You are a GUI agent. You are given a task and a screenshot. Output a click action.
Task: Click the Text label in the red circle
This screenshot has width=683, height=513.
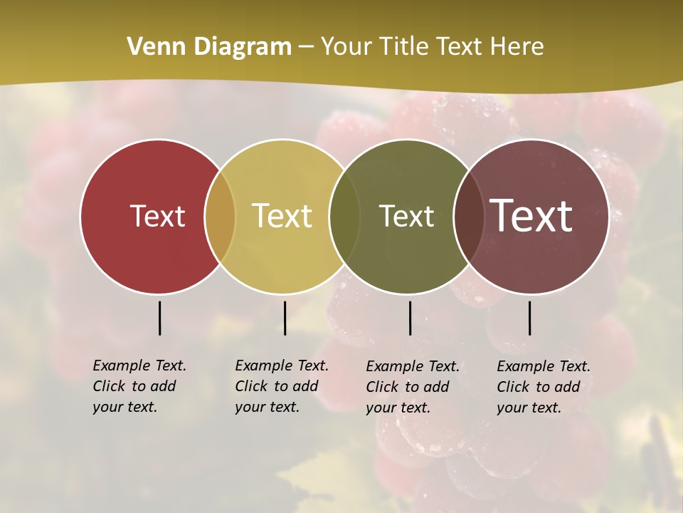point(157,216)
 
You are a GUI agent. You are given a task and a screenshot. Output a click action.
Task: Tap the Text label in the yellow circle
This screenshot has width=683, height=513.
point(282,216)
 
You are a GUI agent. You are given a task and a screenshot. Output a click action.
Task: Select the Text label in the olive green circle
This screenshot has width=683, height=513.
point(406,216)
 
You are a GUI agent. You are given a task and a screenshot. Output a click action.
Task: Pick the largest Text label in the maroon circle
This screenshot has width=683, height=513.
point(531,216)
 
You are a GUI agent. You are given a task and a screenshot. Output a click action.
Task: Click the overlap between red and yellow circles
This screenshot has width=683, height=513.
point(220,217)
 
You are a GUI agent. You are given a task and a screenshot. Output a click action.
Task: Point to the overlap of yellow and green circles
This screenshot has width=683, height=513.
point(344,217)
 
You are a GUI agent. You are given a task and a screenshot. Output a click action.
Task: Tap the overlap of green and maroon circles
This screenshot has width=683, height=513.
point(467,217)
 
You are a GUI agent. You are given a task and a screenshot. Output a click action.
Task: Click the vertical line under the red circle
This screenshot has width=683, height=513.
point(159,318)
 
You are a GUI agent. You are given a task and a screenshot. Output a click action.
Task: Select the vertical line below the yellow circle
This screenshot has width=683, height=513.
point(285,318)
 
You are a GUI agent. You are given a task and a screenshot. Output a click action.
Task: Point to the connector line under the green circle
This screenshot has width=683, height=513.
point(410,318)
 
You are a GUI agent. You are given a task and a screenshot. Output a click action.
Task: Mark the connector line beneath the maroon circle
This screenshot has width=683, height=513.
point(529,318)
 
